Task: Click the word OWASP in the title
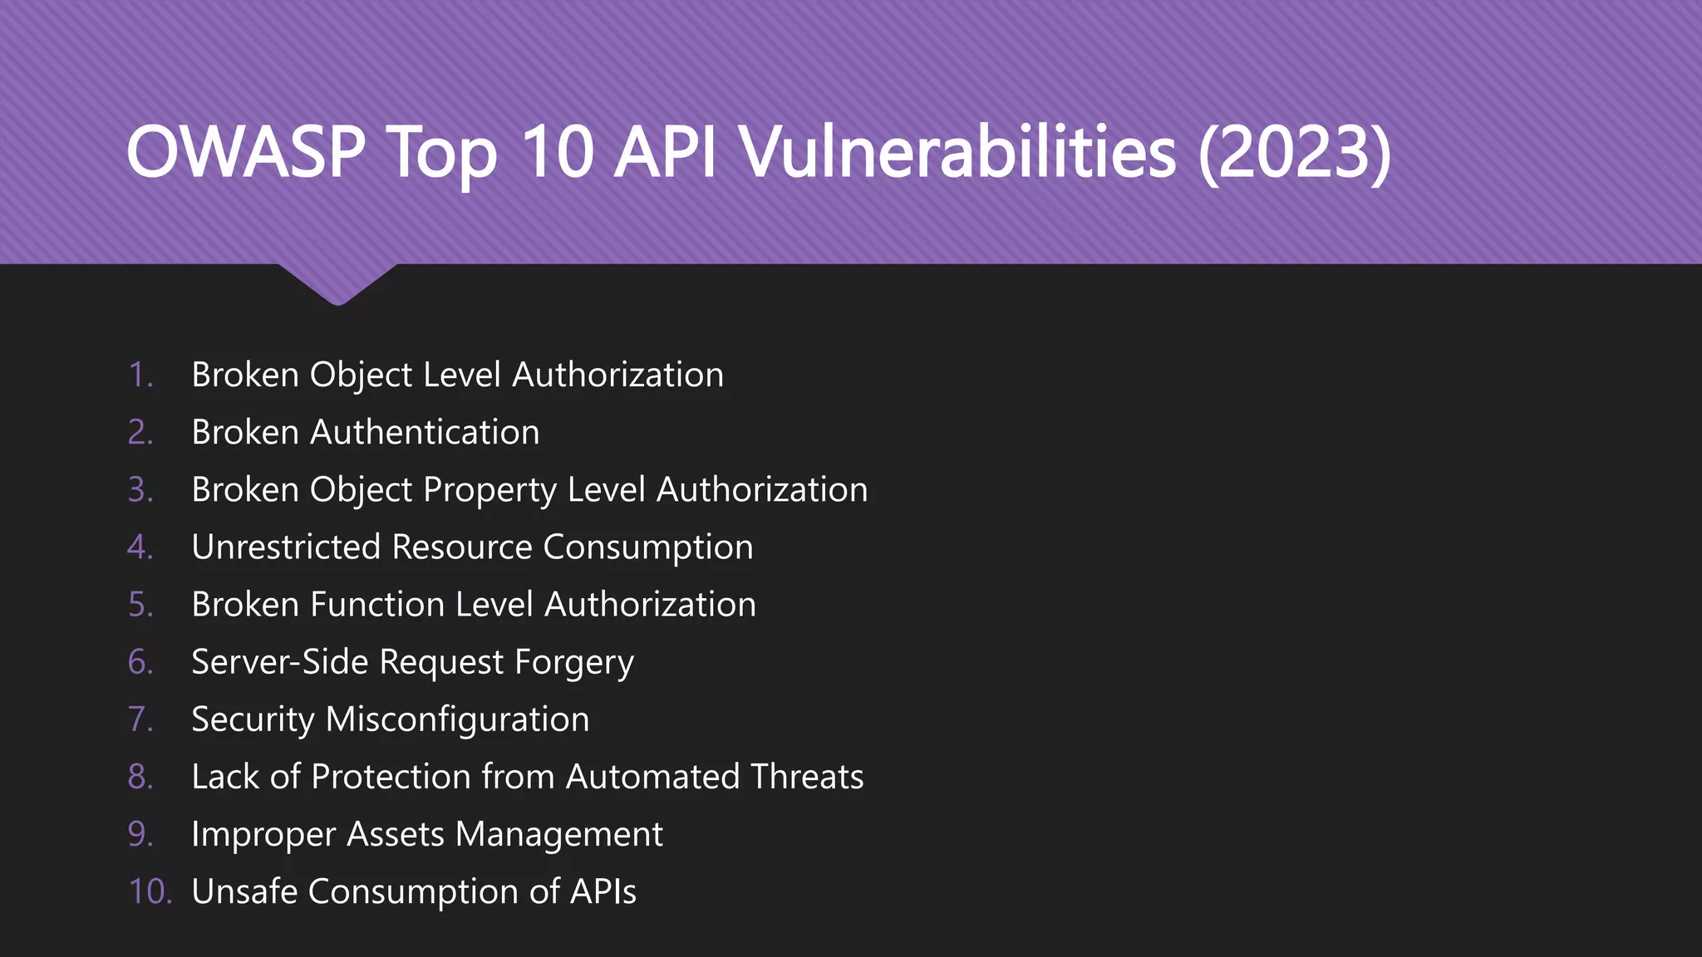pos(246,152)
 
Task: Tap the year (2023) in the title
pos(1294,152)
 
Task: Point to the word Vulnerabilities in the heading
pos(957,152)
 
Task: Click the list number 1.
pos(140,375)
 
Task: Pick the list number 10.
pos(150,891)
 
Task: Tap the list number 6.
pos(140,662)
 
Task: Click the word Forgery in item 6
pos(573,663)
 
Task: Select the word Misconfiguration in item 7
pos(457,719)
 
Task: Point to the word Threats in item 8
pos(807,777)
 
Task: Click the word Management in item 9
pos(559,834)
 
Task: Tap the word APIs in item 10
pos(603,891)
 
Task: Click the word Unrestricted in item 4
pos(286,547)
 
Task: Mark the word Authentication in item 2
pos(425,433)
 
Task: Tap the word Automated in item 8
pos(652,777)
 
